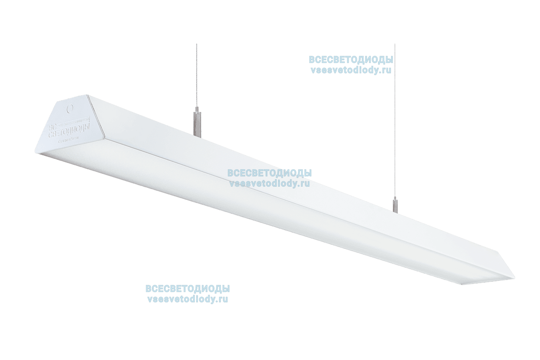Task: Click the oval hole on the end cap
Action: click(x=70, y=108)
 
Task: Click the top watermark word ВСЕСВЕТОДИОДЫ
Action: click(x=351, y=60)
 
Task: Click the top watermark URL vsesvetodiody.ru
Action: click(x=351, y=70)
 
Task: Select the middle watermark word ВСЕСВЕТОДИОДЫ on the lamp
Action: click(x=270, y=173)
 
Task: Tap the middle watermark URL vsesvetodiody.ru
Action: click(x=270, y=183)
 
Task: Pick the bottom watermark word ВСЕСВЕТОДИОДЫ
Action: click(x=187, y=289)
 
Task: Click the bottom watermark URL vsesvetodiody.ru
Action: click(x=187, y=299)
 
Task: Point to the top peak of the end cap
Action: click(x=87, y=95)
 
